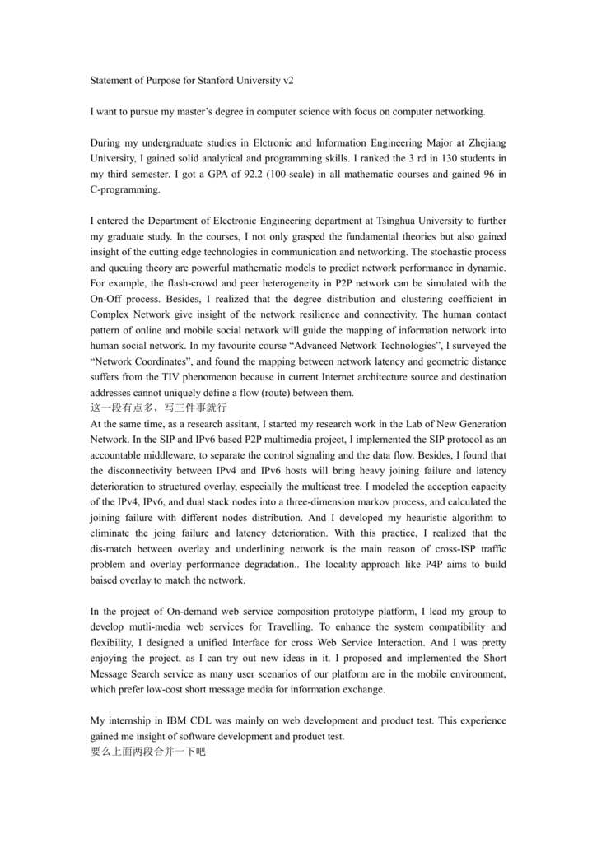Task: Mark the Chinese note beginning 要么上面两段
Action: pyautogui.click(x=147, y=752)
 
